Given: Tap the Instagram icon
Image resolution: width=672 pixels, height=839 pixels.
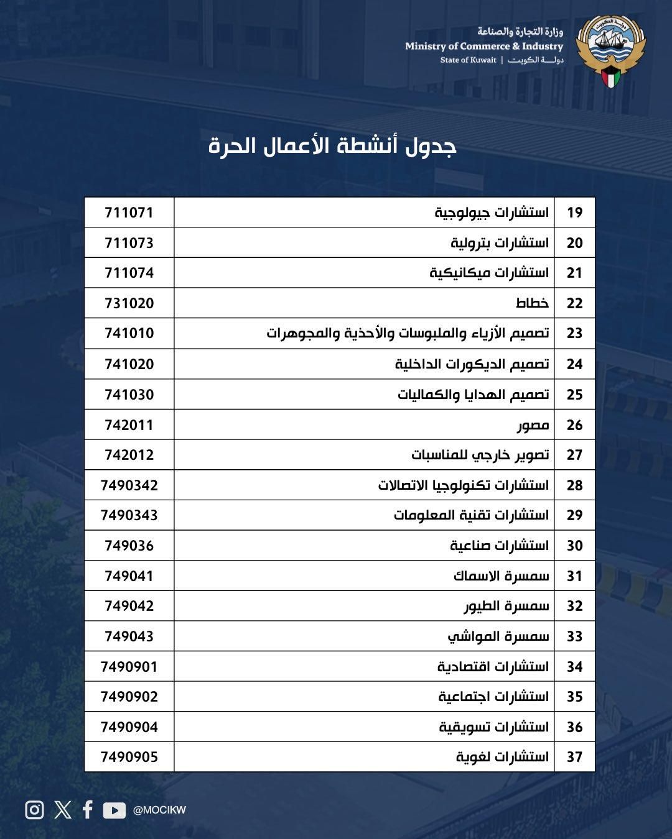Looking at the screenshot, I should pos(34,810).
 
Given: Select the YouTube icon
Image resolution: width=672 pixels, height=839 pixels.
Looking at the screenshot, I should pos(114,810).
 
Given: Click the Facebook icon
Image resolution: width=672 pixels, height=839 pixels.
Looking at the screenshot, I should pos(88,810).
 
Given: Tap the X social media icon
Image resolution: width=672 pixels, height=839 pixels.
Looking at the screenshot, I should pos(63,810).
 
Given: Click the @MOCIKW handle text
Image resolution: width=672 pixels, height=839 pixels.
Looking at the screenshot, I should pos(159,810).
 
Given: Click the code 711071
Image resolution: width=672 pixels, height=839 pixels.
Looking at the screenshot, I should pos(129,213).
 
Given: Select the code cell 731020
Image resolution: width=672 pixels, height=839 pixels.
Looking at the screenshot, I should pos(129,303).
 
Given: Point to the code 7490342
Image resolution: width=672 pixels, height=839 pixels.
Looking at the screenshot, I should pos(129,485).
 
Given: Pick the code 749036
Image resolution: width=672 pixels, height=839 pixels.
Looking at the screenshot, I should pos(129,546).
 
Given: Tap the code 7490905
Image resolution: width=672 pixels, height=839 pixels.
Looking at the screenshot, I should pos(129,757).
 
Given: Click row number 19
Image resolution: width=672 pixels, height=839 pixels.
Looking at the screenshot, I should pos(574,213).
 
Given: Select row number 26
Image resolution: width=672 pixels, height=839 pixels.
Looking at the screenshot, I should pos(574,425).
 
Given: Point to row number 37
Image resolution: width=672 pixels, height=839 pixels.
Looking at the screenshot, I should pos(574,757).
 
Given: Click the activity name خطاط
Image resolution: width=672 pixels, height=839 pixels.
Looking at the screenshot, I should pos(532,303).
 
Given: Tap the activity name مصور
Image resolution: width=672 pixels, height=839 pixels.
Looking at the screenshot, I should pos(533,425).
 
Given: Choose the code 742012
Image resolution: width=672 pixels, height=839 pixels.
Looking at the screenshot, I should pos(129,455).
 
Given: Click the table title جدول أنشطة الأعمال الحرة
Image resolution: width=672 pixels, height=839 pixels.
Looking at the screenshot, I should pos(333,146).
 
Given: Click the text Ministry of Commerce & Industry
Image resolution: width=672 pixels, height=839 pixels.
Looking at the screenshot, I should pos(483,46).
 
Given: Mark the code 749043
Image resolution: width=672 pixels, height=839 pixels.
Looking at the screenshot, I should pos(129,636).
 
